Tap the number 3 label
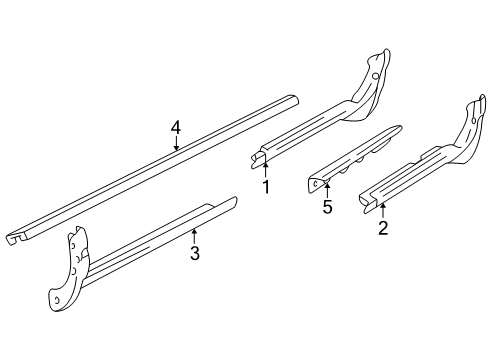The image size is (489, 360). (195, 253)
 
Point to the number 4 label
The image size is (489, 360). (176, 127)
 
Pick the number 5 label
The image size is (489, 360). (326, 207)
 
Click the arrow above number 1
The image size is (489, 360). (265, 166)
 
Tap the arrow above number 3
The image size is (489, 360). (194, 235)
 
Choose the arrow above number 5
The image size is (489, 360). (326, 189)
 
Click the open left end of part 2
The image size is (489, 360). (364, 203)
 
